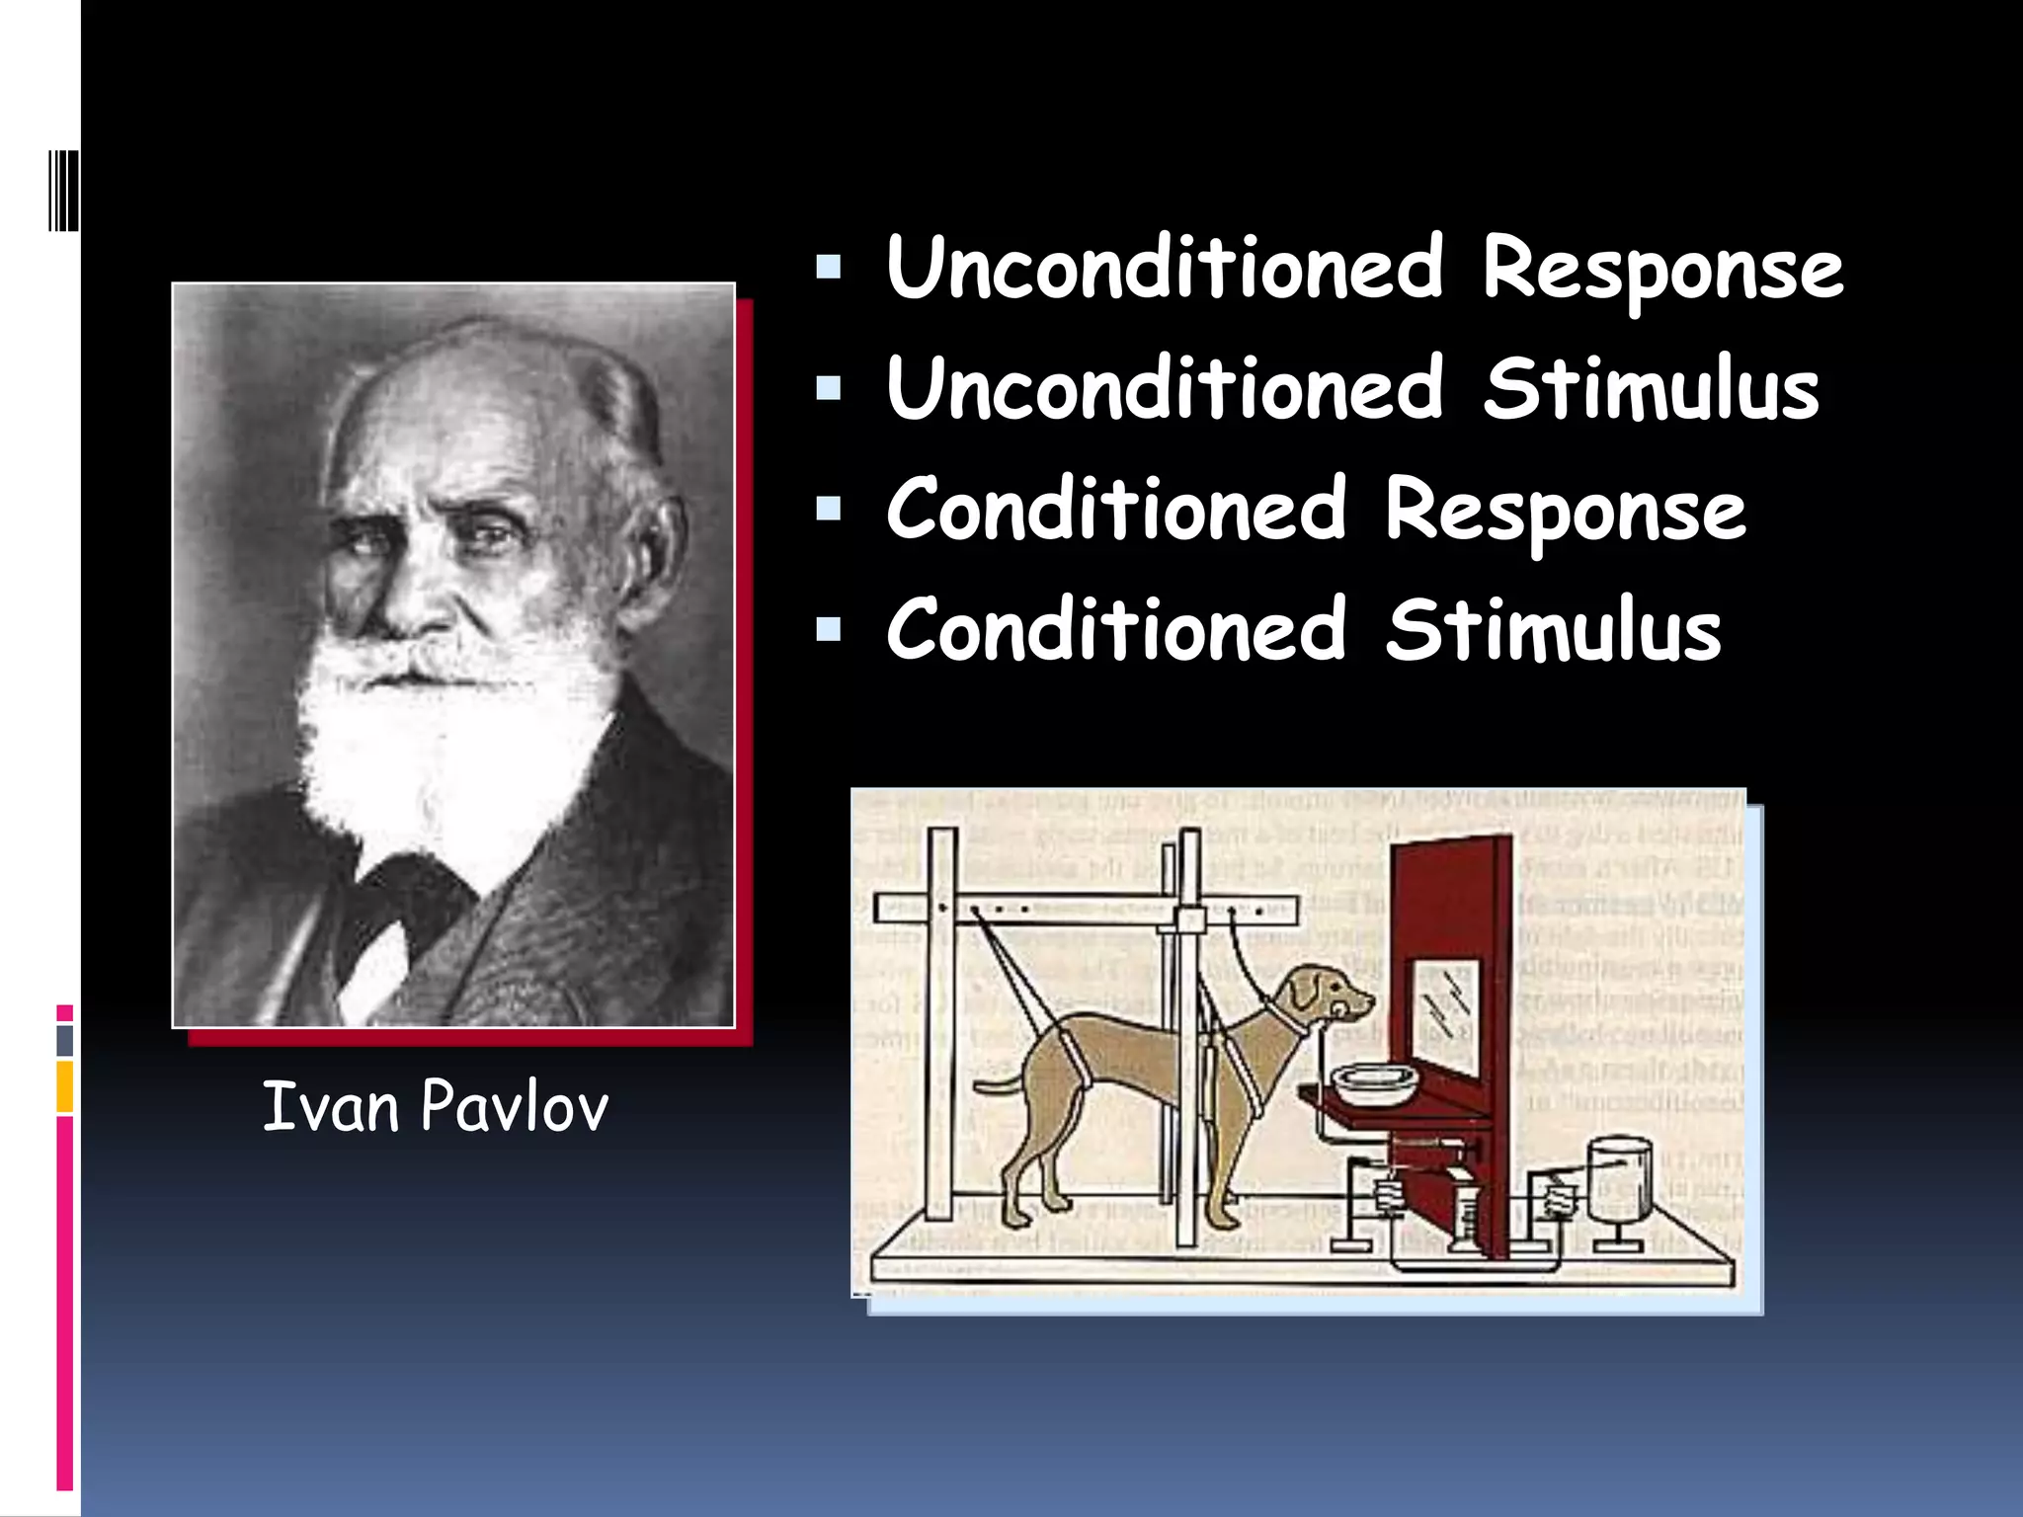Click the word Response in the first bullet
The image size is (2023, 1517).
pos(1661,269)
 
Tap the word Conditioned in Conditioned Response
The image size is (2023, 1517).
pos(1116,510)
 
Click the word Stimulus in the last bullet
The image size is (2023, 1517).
pos(1553,630)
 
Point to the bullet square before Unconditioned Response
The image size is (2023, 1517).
pos(828,267)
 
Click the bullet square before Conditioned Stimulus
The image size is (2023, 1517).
pos(828,629)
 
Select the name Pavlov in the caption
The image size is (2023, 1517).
pos(514,1106)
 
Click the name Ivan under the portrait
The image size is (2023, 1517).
pos(330,1106)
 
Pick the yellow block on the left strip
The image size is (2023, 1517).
pos(65,1086)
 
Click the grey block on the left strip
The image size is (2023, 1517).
pos(65,1040)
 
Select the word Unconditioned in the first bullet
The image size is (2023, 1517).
pos(1166,269)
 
